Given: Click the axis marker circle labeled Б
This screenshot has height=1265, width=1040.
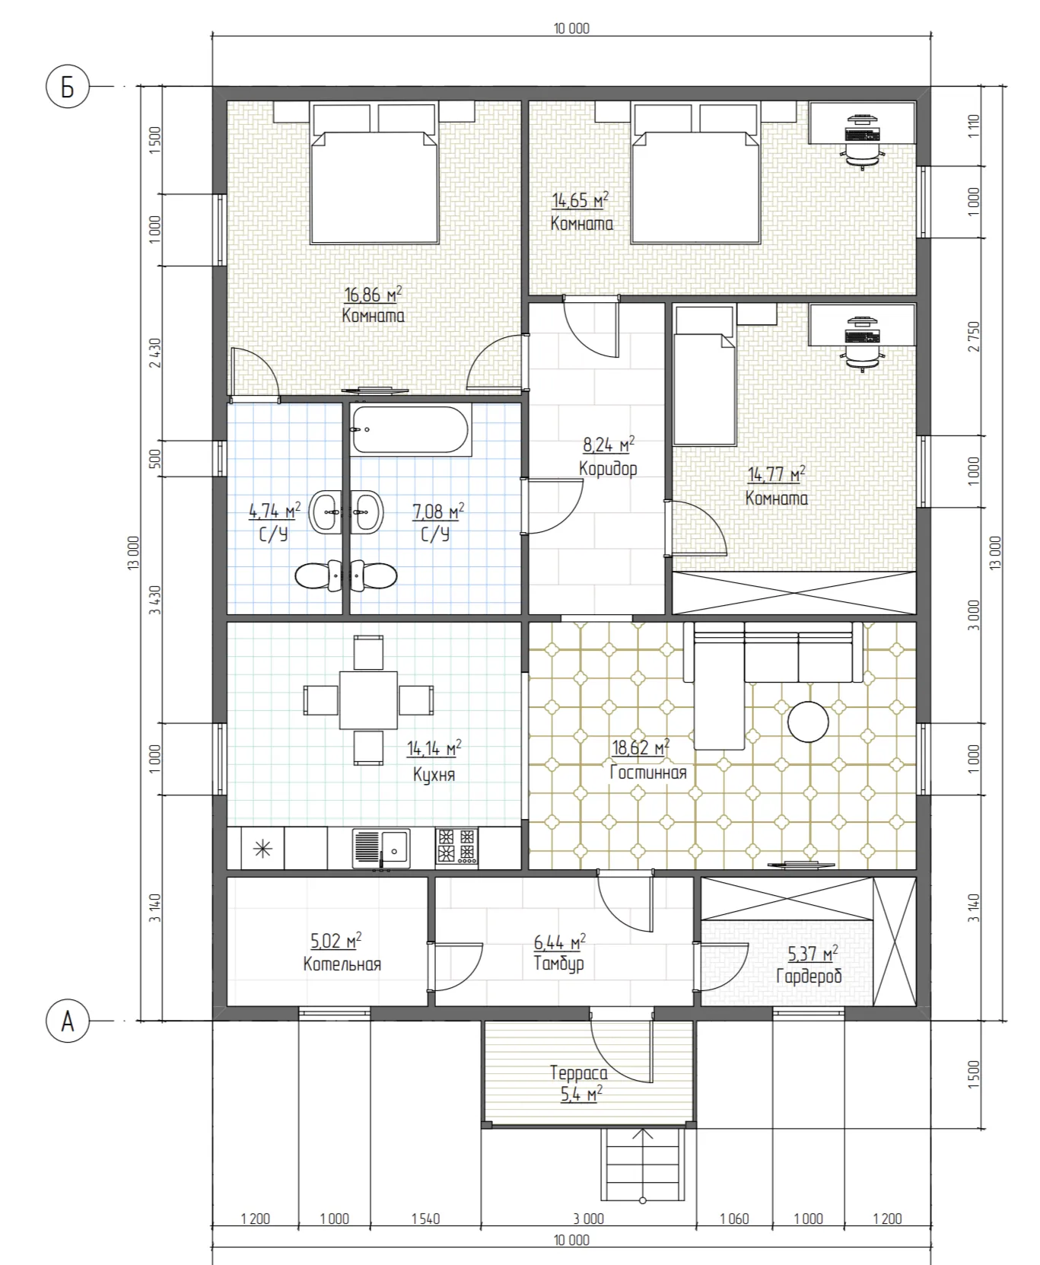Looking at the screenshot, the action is click(x=68, y=88).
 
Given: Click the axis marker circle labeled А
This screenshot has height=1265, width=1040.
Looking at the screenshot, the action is click(x=68, y=1021).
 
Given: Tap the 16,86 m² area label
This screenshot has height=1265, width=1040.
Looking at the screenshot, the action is click(x=373, y=294).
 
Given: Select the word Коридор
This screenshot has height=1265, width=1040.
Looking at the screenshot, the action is click(x=608, y=468).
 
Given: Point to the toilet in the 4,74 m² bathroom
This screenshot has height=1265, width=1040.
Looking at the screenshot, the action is click(x=319, y=576).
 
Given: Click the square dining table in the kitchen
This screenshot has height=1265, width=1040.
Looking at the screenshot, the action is click(x=368, y=700).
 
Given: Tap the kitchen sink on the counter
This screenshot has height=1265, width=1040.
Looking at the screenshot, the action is click(x=381, y=849).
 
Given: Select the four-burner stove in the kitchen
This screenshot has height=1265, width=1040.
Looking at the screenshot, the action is click(x=456, y=847).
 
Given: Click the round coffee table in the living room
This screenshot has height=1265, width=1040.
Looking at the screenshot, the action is click(x=808, y=721).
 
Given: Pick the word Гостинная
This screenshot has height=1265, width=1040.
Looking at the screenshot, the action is click(x=648, y=773).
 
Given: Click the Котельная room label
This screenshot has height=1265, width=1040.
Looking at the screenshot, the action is click(x=342, y=964).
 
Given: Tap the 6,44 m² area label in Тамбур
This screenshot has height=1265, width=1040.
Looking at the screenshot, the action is click(x=559, y=942).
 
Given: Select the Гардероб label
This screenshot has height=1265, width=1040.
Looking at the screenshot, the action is click(x=809, y=976).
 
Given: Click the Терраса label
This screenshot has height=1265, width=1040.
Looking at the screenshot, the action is click(x=579, y=1073).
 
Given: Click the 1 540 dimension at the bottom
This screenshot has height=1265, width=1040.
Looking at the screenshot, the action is click(x=426, y=1219).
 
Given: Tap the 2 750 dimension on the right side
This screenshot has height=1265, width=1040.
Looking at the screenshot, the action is click(x=974, y=336).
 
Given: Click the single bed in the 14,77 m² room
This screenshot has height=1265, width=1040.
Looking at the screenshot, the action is click(x=705, y=375).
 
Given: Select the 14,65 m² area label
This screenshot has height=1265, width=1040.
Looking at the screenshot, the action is click(x=580, y=200).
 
